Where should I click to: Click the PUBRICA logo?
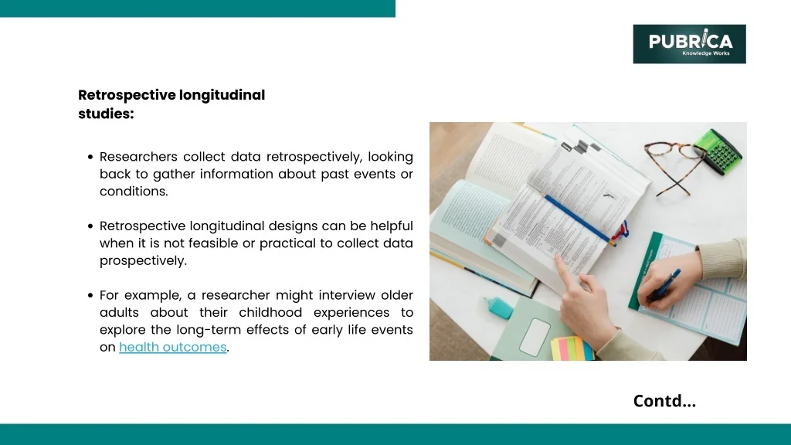pyautogui.click(x=689, y=44)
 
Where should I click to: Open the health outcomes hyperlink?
pyautogui.click(x=172, y=347)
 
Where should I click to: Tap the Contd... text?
pyautogui.click(x=664, y=401)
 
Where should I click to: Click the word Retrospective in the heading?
pyautogui.click(x=127, y=95)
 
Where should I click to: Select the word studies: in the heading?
pyautogui.click(x=106, y=114)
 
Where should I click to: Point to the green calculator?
pyautogui.click(x=718, y=151)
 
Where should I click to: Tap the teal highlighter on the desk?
pyautogui.click(x=498, y=307)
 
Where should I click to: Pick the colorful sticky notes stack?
pyautogui.click(x=572, y=348)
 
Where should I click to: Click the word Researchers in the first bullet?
pyautogui.click(x=138, y=157)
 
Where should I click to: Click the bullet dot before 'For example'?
pyautogui.click(x=90, y=295)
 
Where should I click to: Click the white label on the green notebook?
pyautogui.click(x=535, y=337)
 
